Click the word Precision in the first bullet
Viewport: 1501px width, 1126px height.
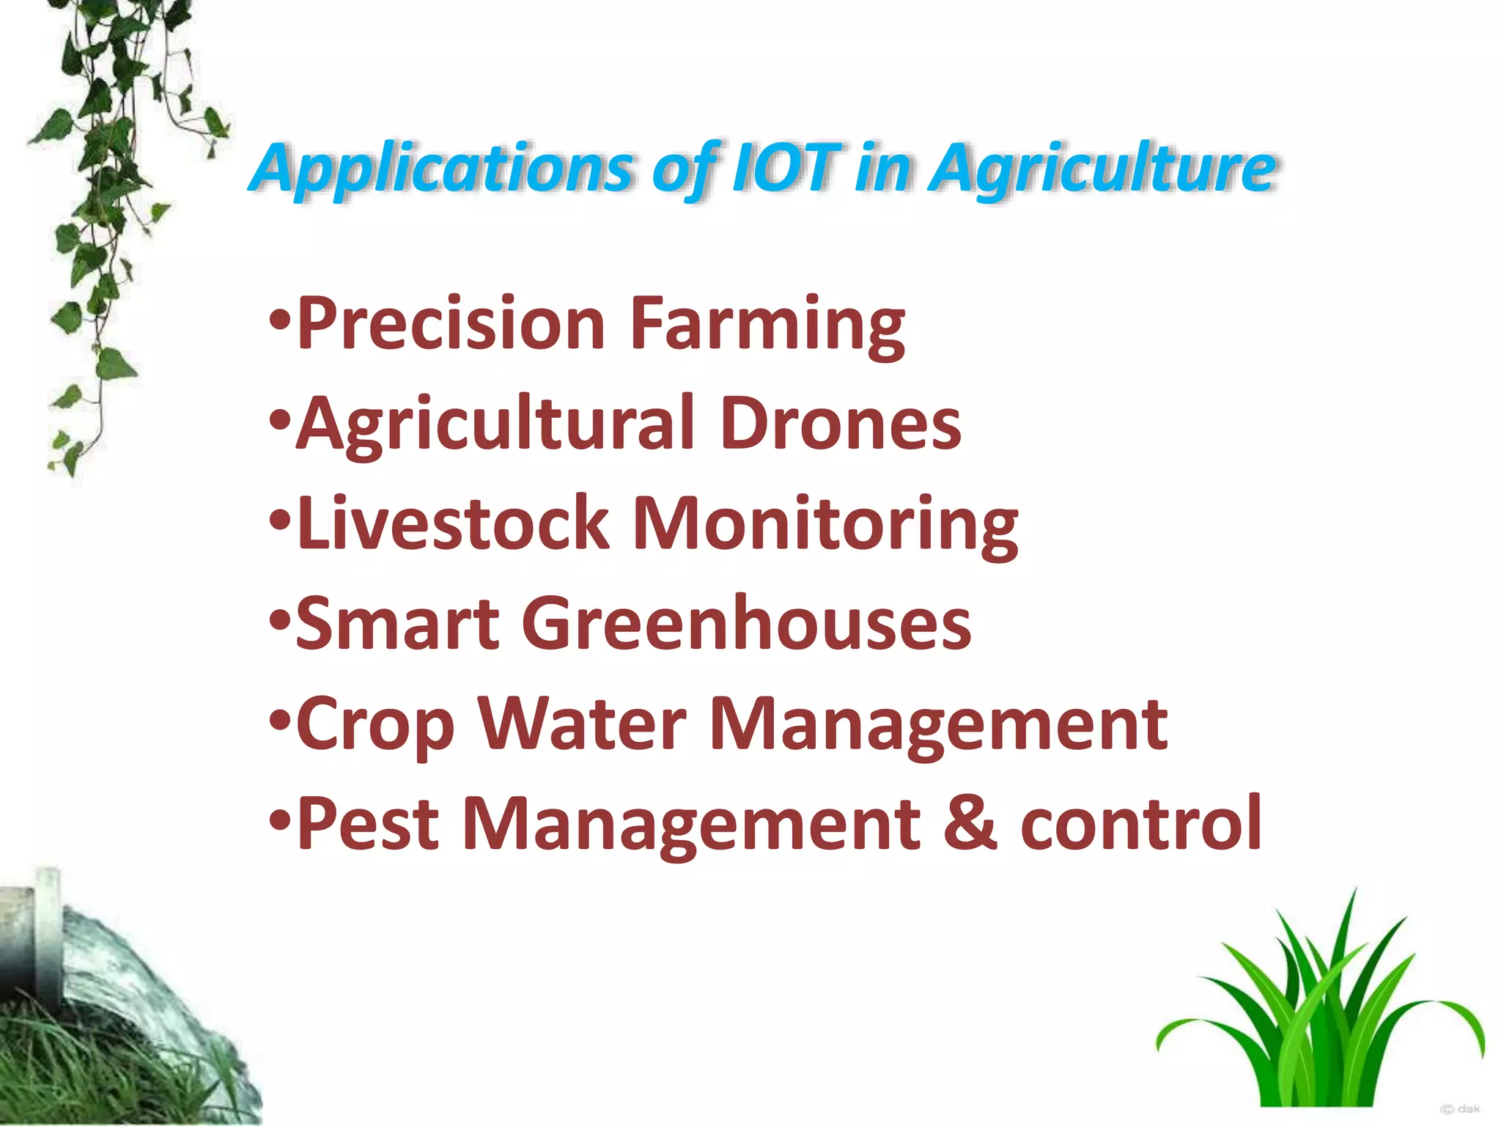click(x=451, y=323)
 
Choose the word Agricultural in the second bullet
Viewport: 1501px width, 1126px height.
click(x=495, y=424)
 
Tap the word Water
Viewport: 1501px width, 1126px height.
click(x=583, y=724)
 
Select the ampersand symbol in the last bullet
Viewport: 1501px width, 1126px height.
click(x=970, y=824)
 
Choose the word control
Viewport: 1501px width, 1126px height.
click(x=1140, y=824)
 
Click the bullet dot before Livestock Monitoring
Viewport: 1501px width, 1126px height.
click(x=279, y=522)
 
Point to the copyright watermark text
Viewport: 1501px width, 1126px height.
click(x=1460, y=1109)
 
